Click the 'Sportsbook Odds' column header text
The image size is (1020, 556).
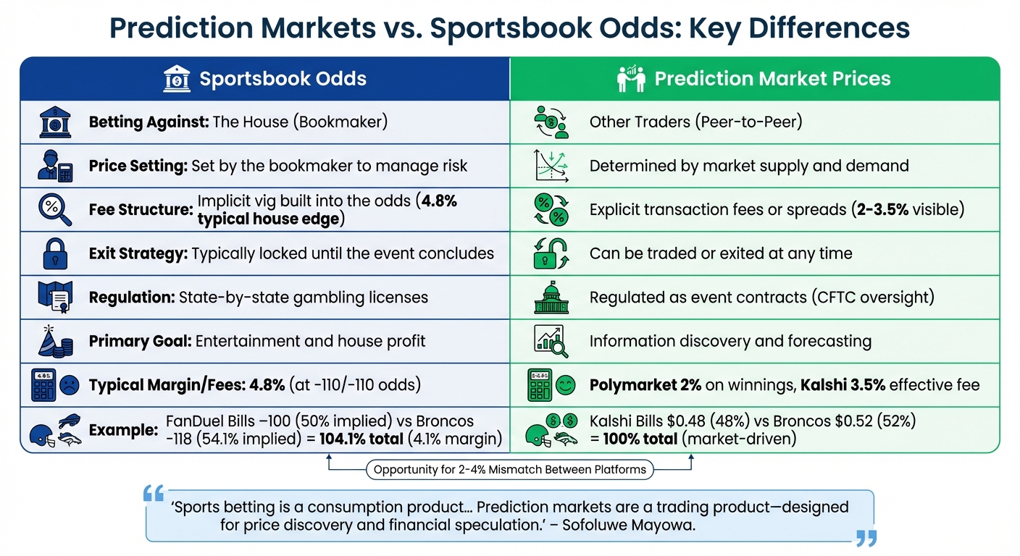[283, 78]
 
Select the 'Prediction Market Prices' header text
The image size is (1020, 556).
[772, 78]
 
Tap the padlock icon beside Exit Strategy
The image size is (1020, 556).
[54, 253]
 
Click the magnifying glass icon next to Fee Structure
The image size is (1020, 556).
[54, 210]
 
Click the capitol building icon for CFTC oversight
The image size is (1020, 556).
[551, 298]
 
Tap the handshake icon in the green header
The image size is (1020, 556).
[630, 79]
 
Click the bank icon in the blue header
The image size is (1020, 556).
[177, 78]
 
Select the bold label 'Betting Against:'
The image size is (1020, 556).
[149, 122]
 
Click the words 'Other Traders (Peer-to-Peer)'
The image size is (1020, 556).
[695, 122]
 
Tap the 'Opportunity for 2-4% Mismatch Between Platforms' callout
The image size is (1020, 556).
[509, 470]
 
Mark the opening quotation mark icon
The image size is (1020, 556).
[154, 495]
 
